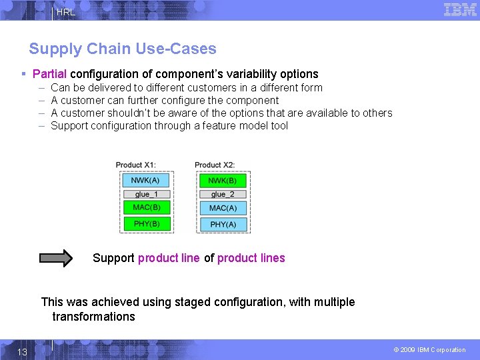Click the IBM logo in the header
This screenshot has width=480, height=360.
(460, 9)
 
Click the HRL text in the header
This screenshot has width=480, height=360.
(66, 12)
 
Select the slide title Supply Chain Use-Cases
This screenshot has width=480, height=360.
(123, 49)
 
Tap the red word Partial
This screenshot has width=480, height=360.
(49, 74)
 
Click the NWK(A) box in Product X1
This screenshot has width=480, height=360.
(146, 180)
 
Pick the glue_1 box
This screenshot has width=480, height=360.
(146, 194)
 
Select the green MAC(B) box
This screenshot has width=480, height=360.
(146, 207)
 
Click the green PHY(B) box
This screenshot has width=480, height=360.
(146, 224)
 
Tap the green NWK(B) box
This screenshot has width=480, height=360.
(223, 180)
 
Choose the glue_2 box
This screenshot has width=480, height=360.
(223, 194)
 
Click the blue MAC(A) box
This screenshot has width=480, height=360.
(223, 208)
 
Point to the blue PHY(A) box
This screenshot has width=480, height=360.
(223, 225)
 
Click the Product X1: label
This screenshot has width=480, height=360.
(135, 165)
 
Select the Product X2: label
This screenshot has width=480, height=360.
(214, 165)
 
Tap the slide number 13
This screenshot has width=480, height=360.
(22, 351)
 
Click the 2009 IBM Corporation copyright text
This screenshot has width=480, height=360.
(429, 350)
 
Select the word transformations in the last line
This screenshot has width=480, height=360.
(93, 317)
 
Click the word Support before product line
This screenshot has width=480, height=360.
(113, 258)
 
